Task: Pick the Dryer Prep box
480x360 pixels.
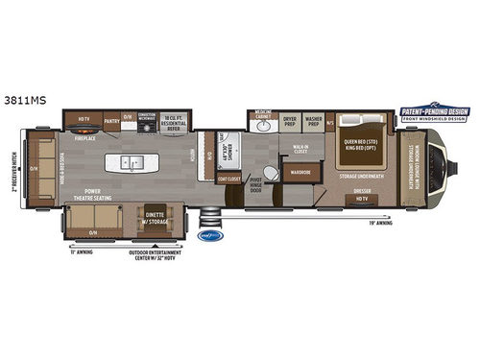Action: click(x=290, y=122)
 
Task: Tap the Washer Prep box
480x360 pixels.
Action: click(x=314, y=122)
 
